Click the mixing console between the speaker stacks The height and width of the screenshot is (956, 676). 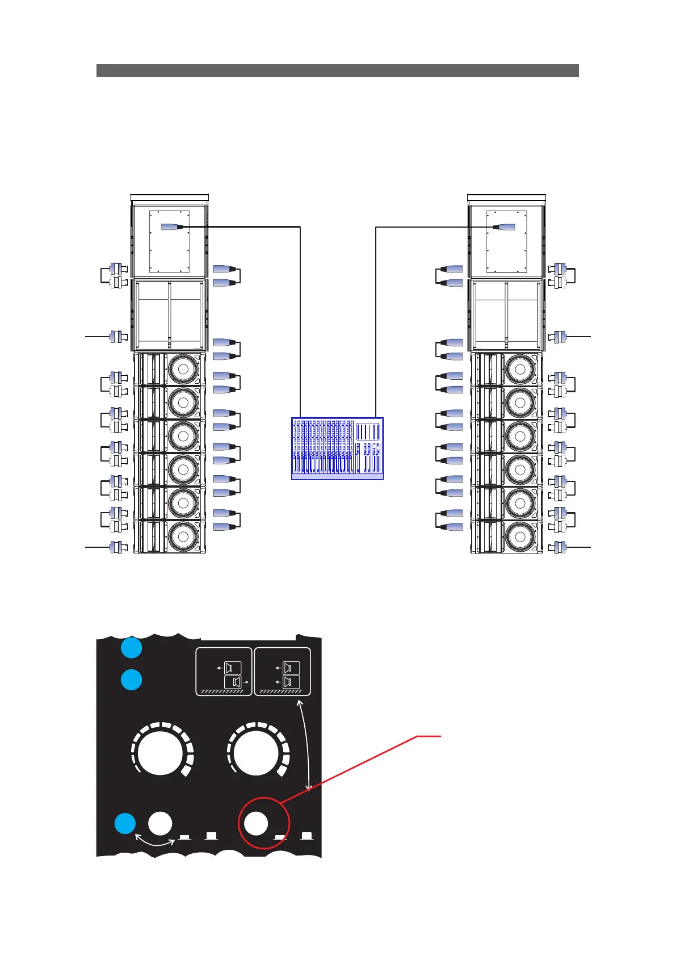click(337, 448)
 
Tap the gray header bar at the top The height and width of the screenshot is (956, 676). click(337, 70)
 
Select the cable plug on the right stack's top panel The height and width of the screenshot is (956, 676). click(504, 227)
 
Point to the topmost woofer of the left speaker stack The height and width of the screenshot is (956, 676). click(183, 370)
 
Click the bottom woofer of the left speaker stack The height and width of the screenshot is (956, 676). click(183, 536)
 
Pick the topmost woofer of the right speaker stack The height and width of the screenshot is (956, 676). click(520, 370)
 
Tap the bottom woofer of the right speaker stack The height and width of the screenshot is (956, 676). click(520, 536)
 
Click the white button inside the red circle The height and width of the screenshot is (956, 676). click(255, 823)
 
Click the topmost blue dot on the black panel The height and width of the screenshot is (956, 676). click(132, 648)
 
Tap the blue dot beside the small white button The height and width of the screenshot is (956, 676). click(125, 824)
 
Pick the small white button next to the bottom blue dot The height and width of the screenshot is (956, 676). click(160, 823)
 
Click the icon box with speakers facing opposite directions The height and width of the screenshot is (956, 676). click(224, 671)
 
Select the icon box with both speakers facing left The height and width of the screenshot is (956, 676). click(282, 671)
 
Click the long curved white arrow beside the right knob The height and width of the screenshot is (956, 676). click(308, 744)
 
